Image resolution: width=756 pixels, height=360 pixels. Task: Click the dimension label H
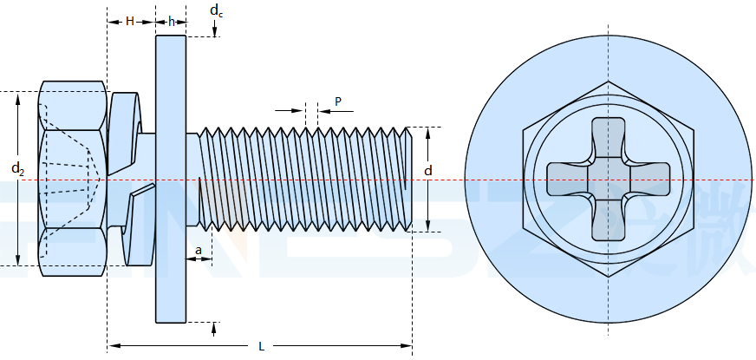click(x=129, y=21)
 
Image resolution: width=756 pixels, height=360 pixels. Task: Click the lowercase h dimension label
click(x=171, y=21)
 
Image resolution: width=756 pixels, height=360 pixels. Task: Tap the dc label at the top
click(x=215, y=11)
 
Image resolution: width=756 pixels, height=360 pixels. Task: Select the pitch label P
click(x=338, y=101)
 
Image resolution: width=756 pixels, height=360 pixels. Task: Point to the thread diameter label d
click(x=427, y=172)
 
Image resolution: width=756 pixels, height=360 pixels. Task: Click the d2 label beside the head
click(x=17, y=167)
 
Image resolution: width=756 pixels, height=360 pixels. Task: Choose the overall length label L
click(x=261, y=346)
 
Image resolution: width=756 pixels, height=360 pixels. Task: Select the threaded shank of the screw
click(x=303, y=179)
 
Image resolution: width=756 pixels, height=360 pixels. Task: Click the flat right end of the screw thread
click(x=410, y=179)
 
